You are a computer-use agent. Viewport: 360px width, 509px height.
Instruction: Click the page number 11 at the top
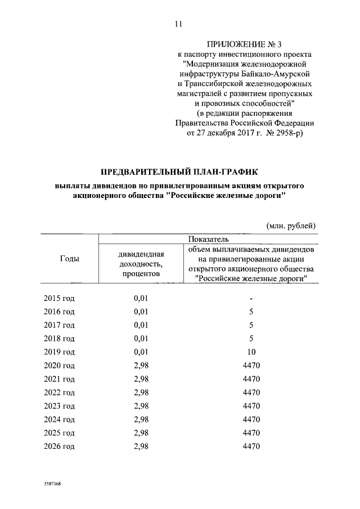point(179,24)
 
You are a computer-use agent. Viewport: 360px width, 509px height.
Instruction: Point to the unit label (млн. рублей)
point(291,226)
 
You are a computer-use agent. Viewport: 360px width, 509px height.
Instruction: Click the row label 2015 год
point(59,298)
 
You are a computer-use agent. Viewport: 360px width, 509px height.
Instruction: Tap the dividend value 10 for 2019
point(251,353)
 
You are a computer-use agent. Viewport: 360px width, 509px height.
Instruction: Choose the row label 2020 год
point(59,366)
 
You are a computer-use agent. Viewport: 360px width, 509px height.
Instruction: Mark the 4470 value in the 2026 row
point(251,447)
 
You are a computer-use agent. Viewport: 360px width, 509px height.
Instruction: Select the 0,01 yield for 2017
point(141,325)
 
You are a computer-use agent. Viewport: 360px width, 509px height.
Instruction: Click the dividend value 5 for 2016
point(251,312)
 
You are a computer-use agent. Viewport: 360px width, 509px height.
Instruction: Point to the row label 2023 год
point(59,407)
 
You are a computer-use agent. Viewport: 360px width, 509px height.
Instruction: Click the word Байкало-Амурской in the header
point(279,74)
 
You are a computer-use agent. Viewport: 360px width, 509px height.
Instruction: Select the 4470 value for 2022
point(251,393)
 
